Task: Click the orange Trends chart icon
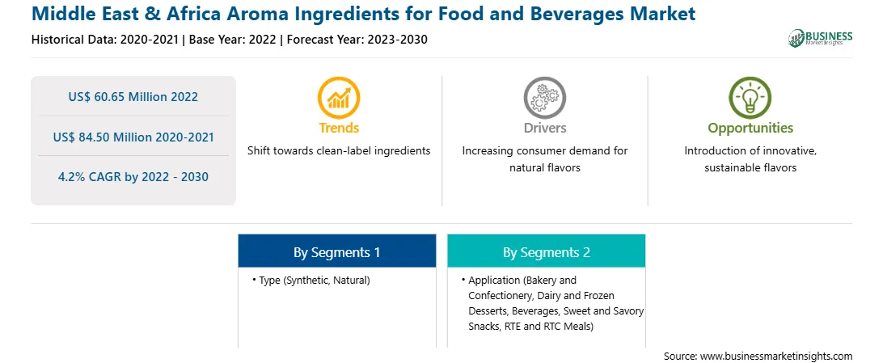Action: tap(339, 97)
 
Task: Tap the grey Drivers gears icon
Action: tap(544, 97)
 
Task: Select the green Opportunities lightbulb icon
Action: tap(750, 97)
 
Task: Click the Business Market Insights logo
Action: tap(821, 38)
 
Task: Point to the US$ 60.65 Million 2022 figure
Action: tap(133, 97)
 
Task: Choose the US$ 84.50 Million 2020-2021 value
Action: tap(133, 137)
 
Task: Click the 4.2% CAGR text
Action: tap(133, 177)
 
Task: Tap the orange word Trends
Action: tap(339, 128)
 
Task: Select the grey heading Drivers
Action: tap(544, 128)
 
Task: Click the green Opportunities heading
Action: tap(750, 129)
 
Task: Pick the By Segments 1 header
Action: tap(336, 253)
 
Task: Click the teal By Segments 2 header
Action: tap(547, 253)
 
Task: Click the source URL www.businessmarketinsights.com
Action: tap(776, 357)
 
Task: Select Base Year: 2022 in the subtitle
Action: tap(233, 40)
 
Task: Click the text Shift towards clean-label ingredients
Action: tap(339, 151)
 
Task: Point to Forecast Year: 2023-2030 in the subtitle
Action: tap(357, 40)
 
